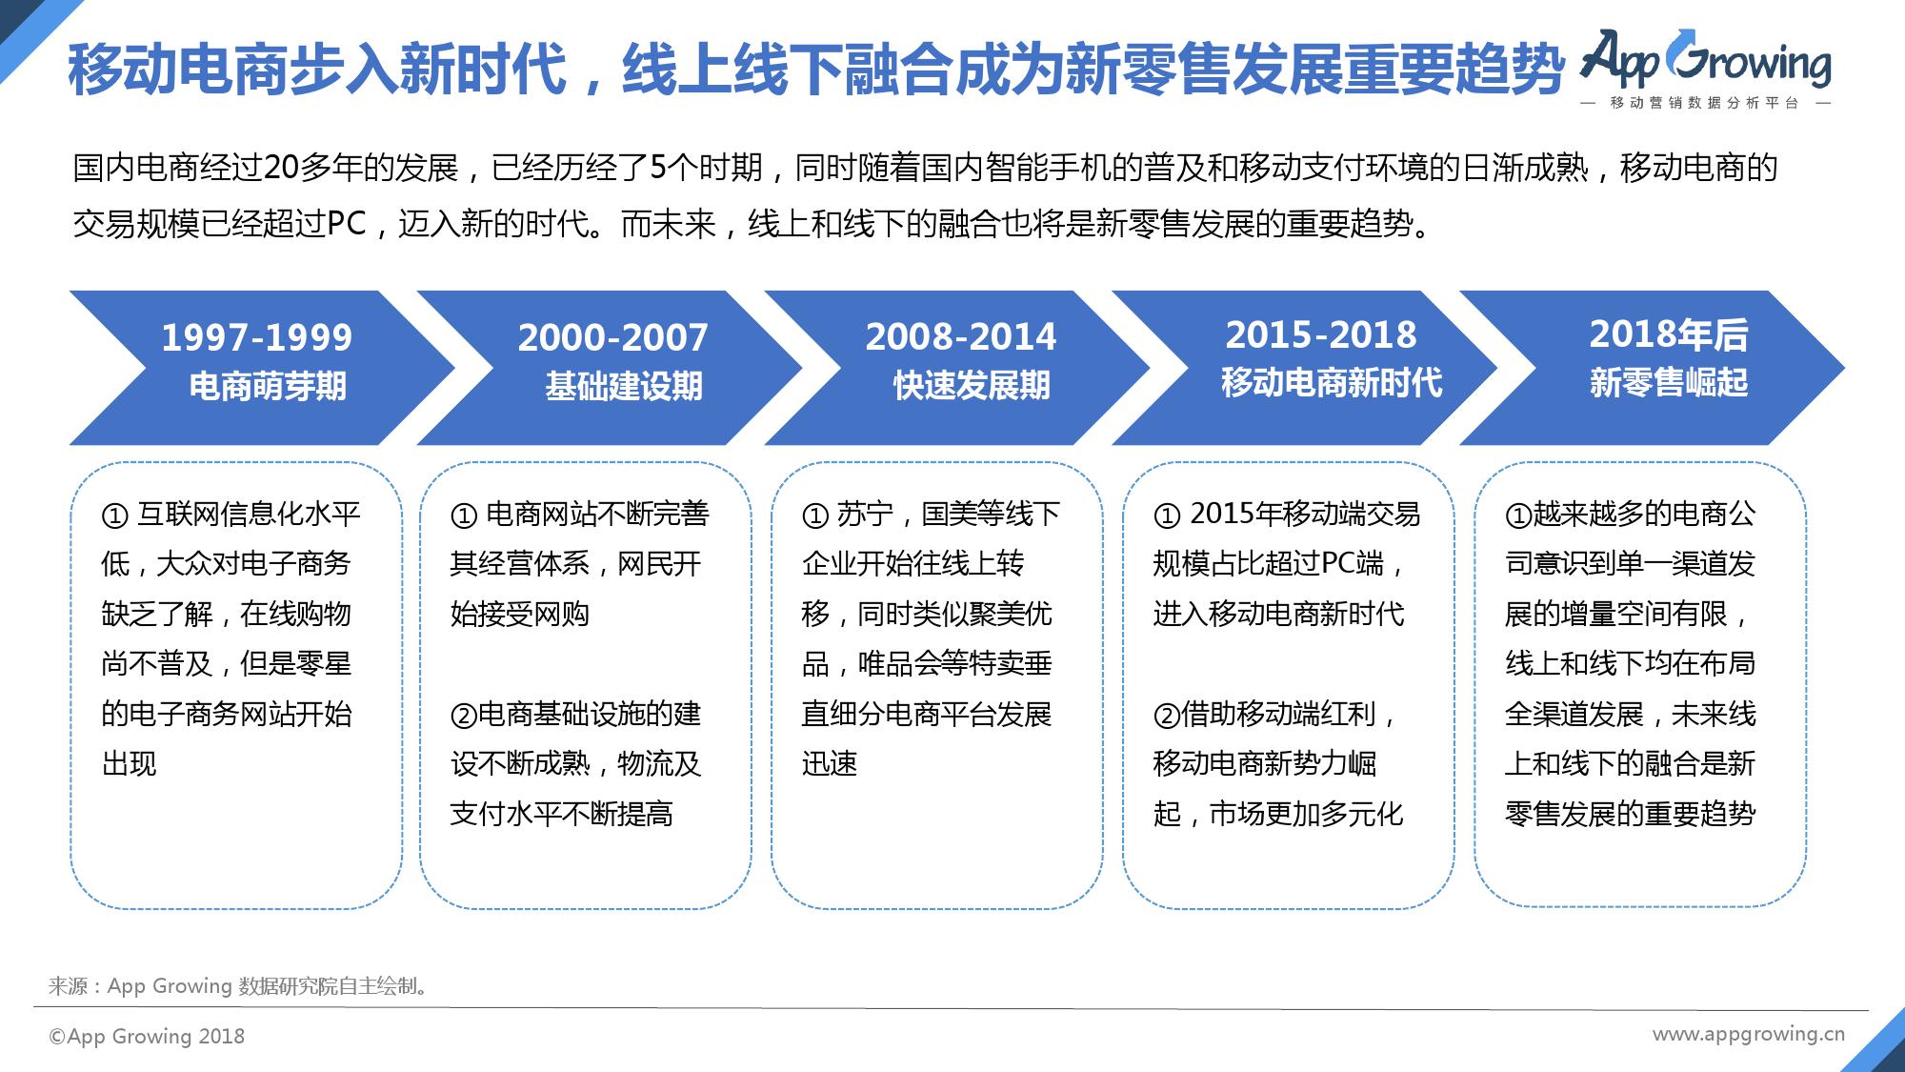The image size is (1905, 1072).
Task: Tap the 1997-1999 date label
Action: click(256, 337)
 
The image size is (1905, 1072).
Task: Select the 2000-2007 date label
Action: click(612, 337)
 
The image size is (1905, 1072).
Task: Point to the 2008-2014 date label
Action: click(960, 336)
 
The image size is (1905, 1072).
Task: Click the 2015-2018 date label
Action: click(1320, 334)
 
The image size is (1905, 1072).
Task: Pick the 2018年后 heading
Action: click(1669, 334)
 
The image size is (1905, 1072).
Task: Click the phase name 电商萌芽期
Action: click(268, 387)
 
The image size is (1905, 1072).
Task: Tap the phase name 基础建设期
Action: click(624, 387)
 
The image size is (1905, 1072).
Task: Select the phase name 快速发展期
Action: click(972, 386)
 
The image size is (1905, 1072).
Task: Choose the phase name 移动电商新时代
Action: click(1332, 383)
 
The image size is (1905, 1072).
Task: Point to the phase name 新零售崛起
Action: click(1669, 383)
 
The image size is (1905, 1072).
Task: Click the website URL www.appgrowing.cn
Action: click(1749, 1035)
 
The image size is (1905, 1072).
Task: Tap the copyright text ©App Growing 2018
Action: click(147, 1037)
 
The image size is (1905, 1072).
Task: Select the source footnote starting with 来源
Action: click(239, 986)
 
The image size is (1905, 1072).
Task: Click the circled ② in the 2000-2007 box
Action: click(463, 716)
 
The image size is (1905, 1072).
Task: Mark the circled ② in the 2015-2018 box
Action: click(1167, 716)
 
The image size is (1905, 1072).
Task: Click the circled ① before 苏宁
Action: click(815, 516)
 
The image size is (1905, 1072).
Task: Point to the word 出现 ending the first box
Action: click(130, 764)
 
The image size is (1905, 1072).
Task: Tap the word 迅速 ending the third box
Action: click(830, 764)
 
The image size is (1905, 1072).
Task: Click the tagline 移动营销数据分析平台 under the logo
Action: click(1705, 103)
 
